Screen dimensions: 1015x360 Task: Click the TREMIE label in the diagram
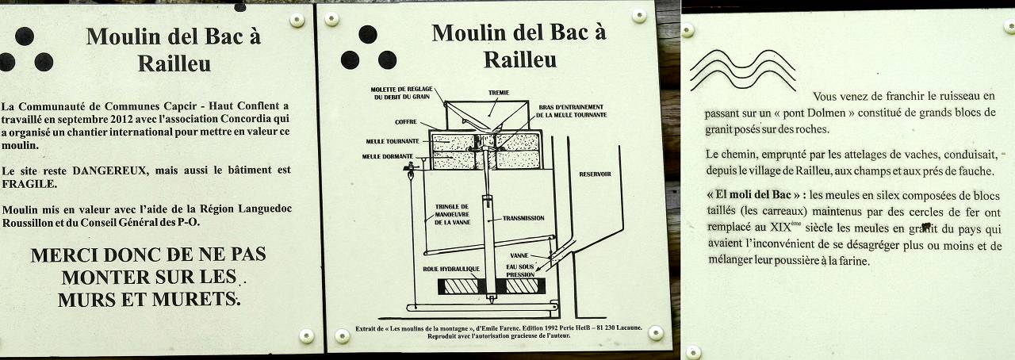click(499, 93)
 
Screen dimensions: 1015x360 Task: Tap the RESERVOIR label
click(595, 174)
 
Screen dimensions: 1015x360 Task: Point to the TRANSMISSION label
click(523, 218)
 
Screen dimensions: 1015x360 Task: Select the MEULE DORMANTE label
click(388, 156)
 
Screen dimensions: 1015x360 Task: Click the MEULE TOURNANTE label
click(393, 141)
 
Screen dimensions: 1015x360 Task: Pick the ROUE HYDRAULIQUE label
click(451, 269)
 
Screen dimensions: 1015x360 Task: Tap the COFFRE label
click(405, 122)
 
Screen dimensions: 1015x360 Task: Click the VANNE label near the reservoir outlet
click(519, 255)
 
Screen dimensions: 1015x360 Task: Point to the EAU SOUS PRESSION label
click(520, 270)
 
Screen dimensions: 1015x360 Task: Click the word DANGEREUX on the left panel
click(109, 171)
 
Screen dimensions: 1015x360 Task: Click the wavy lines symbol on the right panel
click(743, 70)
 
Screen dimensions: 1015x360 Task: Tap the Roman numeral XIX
click(779, 227)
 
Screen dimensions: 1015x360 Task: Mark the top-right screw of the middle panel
click(639, 15)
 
